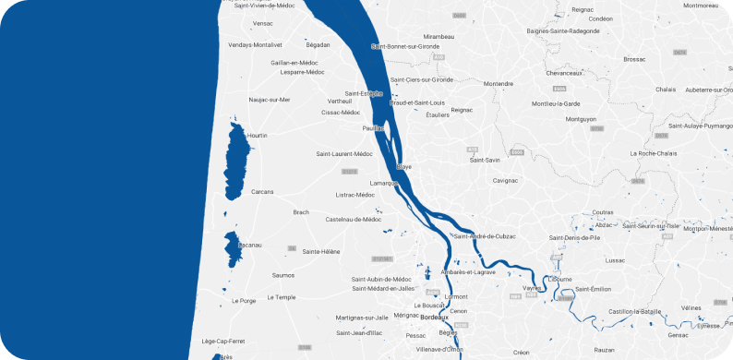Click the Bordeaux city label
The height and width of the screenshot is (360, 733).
434,318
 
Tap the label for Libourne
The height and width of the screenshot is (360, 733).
559,278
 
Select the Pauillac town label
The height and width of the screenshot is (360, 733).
374,128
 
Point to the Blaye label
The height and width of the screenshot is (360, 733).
403,167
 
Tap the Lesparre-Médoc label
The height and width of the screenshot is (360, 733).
303,72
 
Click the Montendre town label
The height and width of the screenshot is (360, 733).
499,83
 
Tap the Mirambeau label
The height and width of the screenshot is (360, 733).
439,36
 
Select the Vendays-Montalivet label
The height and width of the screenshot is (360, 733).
255,44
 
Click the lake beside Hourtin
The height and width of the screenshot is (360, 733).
235,162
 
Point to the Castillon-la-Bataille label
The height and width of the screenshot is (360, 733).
636,312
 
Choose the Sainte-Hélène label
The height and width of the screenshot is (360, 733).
321,251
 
